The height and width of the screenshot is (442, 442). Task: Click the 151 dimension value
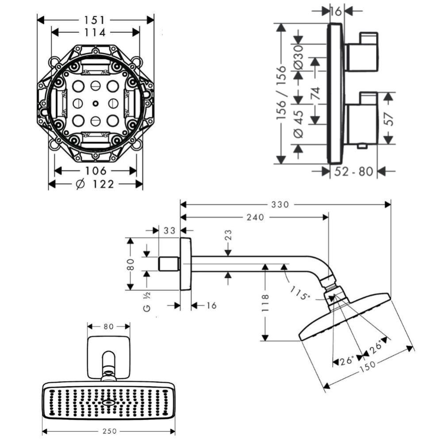pos(96,20)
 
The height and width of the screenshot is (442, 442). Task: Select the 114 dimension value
pos(96,32)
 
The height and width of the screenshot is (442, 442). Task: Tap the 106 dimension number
pos(96,171)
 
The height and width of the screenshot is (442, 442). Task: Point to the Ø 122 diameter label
pos(96,184)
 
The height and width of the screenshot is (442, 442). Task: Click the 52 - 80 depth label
pos(354,171)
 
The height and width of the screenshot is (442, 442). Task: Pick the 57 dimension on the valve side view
pos(388,118)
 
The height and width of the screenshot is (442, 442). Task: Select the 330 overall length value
pos(281,204)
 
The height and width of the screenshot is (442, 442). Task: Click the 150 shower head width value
pos(368,365)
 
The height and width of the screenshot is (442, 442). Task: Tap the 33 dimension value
pos(169,231)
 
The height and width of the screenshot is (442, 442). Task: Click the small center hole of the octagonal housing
pos(96,104)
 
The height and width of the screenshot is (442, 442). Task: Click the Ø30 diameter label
pos(298,57)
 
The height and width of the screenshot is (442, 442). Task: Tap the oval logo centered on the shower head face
pos(108,403)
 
